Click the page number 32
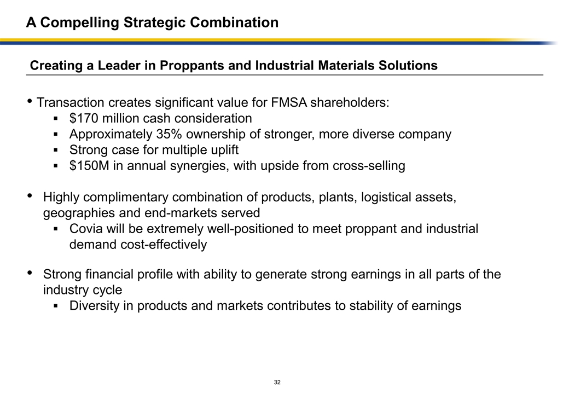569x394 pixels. [277, 382]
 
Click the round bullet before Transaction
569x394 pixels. [30, 102]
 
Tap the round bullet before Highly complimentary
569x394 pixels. [30, 196]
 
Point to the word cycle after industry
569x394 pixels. [106, 289]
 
